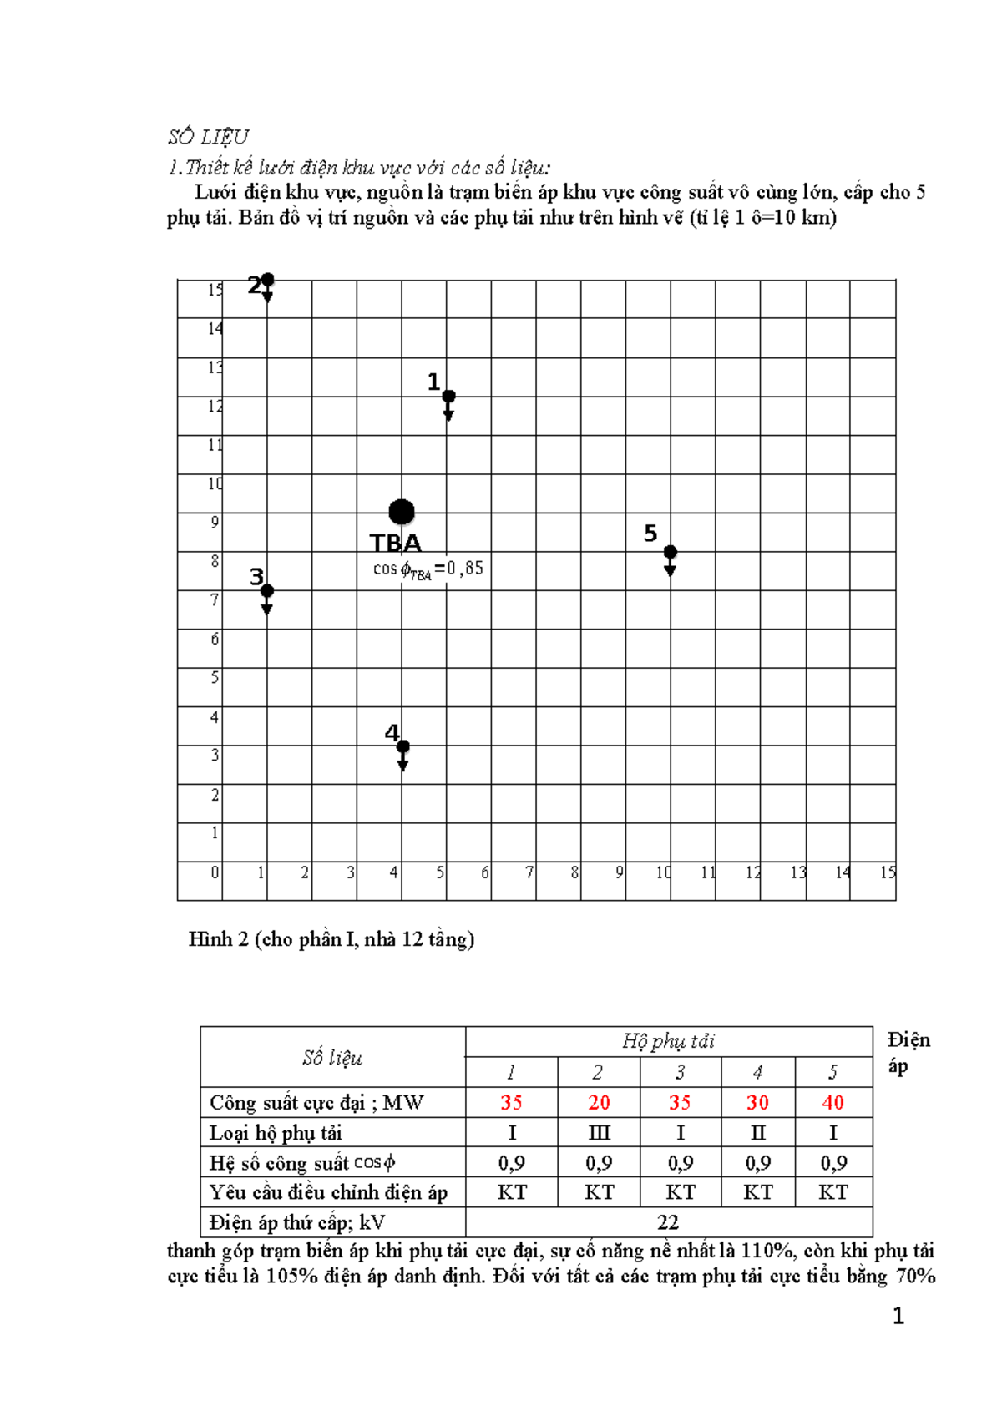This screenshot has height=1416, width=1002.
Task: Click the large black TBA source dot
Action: (402, 512)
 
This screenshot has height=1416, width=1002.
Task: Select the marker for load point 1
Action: (448, 397)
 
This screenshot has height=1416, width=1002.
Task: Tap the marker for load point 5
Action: (670, 553)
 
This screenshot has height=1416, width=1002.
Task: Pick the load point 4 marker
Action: (402, 746)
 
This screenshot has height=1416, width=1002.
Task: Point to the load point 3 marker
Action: (267, 591)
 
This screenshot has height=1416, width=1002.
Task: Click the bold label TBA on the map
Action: (396, 544)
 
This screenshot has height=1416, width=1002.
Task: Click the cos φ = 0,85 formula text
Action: (428, 569)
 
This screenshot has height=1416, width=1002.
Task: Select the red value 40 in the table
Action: (832, 1102)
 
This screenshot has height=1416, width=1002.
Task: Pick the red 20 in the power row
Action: (599, 1102)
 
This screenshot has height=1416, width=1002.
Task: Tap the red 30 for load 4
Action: (757, 1102)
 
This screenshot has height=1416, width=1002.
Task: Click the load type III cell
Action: (599, 1133)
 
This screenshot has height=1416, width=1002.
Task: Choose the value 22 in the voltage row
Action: (668, 1222)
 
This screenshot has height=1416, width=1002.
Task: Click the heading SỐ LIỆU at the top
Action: (208, 137)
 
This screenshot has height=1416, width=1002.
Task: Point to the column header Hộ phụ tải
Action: (668, 1041)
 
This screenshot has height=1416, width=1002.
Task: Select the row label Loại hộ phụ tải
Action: (276, 1133)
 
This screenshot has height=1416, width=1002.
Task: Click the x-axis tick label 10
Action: (663, 872)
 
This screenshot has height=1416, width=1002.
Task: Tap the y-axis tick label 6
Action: (215, 639)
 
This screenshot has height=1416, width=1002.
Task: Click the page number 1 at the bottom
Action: (898, 1317)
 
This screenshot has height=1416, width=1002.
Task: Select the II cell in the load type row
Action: (757, 1133)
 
